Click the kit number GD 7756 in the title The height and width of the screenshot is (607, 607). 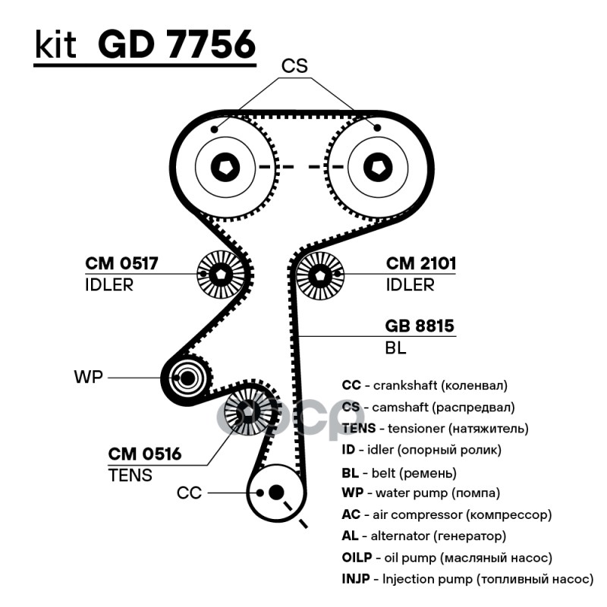tap(176, 46)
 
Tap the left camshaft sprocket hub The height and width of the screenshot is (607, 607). tap(225, 166)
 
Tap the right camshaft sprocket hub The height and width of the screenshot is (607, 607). tap(377, 166)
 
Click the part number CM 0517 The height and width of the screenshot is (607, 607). tap(121, 264)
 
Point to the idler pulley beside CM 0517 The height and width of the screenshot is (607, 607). tap(220, 275)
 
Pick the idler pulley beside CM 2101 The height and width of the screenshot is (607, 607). tap(319, 275)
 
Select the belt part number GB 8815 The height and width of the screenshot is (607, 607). tap(420, 326)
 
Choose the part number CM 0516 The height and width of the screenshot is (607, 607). tap(144, 454)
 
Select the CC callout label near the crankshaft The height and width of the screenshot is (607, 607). tap(189, 493)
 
